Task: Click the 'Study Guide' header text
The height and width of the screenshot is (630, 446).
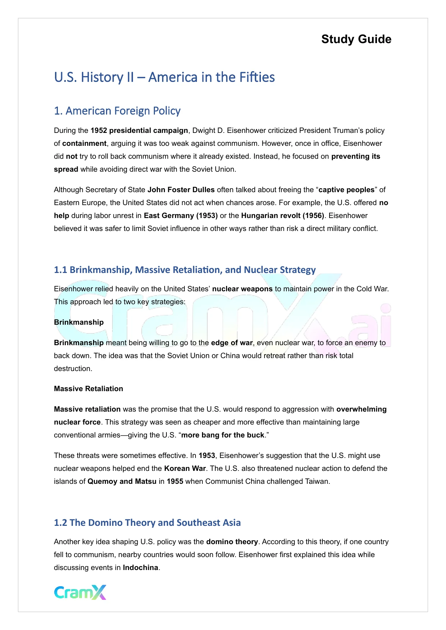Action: click(x=356, y=39)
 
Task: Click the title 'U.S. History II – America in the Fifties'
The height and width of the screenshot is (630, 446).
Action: click(x=164, y=77)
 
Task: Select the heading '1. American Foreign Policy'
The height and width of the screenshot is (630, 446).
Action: click(x=117, y=111)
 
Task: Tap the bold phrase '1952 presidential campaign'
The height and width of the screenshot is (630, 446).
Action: click(x=139, y=130)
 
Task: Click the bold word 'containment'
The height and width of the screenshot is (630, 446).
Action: click(x=84, y=143)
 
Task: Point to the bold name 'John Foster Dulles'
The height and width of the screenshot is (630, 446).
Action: click(x=181, y=190)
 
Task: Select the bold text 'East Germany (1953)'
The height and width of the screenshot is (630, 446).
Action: click(x=181, y=216)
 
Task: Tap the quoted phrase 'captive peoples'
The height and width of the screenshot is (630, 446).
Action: click(x=346, y=190)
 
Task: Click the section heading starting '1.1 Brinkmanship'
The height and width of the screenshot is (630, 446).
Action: click(x=185, y=270)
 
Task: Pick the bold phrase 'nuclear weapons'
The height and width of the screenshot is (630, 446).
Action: click(x=242, y=289)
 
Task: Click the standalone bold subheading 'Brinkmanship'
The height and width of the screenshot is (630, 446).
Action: click(x=79, y=322)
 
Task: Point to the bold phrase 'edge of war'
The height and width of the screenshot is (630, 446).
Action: click(x=232, y=343)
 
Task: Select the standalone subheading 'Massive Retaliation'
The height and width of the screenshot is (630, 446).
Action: click(x=88, y=389)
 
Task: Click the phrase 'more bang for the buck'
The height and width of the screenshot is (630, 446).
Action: click(x=223, y=435)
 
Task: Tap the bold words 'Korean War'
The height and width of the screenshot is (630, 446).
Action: click(x=185, y=468)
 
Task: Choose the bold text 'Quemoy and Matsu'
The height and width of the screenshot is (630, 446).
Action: click(x=122, y=481)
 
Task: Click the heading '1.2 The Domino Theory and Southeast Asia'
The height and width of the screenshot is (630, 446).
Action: click(x=147, y=523)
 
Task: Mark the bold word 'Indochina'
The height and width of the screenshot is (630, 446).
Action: click(x=141, y=568)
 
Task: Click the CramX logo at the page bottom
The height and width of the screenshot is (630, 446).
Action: click(x=80, y=592)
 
